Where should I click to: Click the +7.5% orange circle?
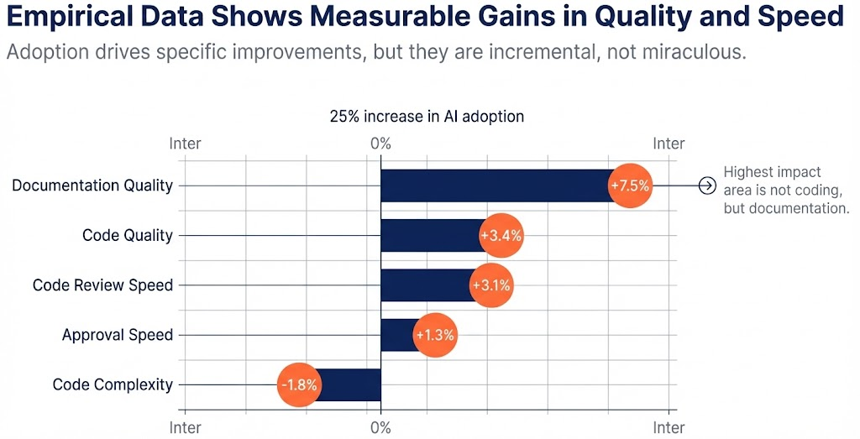(630, 186)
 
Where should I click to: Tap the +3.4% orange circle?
(501, 236)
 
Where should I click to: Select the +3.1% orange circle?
(491, 285)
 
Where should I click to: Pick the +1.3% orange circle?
(435, 335)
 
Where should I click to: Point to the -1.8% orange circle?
(298, 385)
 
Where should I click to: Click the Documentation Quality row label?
(92, 186)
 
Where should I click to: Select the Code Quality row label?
(128, 235)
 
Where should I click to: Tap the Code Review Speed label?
(102, 285)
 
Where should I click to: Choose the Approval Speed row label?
(118, 335)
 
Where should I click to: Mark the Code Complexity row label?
(113, 385)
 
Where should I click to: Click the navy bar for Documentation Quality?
(496, 186)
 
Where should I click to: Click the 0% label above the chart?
(380, 144)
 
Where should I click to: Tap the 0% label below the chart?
(380, 428)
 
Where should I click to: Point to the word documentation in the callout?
(805, 207)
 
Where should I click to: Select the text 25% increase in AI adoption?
(427, 117)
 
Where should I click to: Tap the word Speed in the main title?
(801, 17)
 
